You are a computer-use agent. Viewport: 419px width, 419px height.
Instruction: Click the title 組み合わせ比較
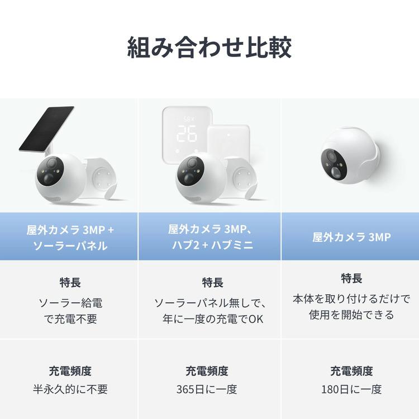(x=209, y=48)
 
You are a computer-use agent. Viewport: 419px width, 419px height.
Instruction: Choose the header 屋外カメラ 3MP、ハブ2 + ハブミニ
(x=209, y=237)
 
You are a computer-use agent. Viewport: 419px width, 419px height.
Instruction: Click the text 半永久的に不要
(x=70, y=389)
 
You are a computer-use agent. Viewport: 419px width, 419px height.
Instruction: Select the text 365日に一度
(x=209, y=389)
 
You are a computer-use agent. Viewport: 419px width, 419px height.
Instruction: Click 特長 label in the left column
(x=70, y=283)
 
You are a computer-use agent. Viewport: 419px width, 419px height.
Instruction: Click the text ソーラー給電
(x=70, y=303)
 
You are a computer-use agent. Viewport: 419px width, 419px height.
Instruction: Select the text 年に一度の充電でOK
(x=209, y=320)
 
